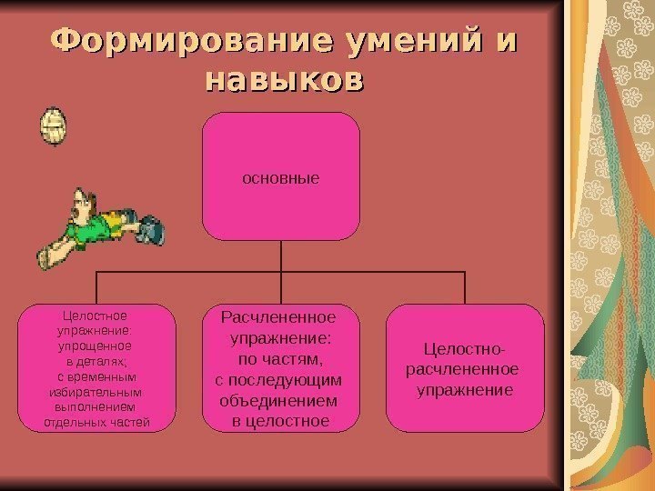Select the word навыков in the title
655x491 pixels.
tap(284, 80)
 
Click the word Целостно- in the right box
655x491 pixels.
tap(465, 349)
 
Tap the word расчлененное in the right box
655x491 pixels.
tap(465, 369)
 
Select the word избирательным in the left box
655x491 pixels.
tap(95, 392)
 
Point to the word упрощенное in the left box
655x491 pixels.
tap(95, 346)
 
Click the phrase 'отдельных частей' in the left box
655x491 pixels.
tap(96, 422)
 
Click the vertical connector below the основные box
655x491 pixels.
tap(281, 256)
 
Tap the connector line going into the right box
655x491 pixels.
tap(465, 287)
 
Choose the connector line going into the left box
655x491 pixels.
tap(96, 287)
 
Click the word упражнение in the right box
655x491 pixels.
tap(465, 390)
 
